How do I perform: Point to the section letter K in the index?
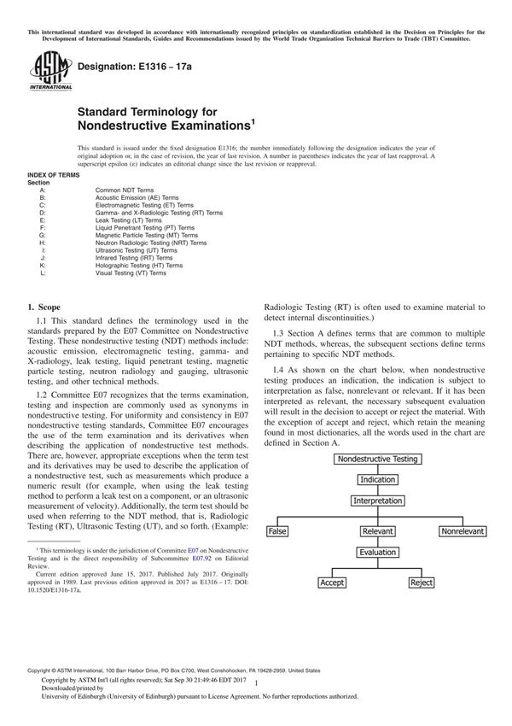(42, 266)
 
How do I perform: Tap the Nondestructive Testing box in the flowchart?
(377, 459)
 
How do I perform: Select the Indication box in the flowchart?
(377, 480)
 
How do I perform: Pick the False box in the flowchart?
(278, 531)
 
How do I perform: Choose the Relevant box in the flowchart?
(377, 531)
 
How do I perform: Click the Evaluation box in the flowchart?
(377, 553)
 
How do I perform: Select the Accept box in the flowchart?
(333, 583)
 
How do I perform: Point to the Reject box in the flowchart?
(422, 583)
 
